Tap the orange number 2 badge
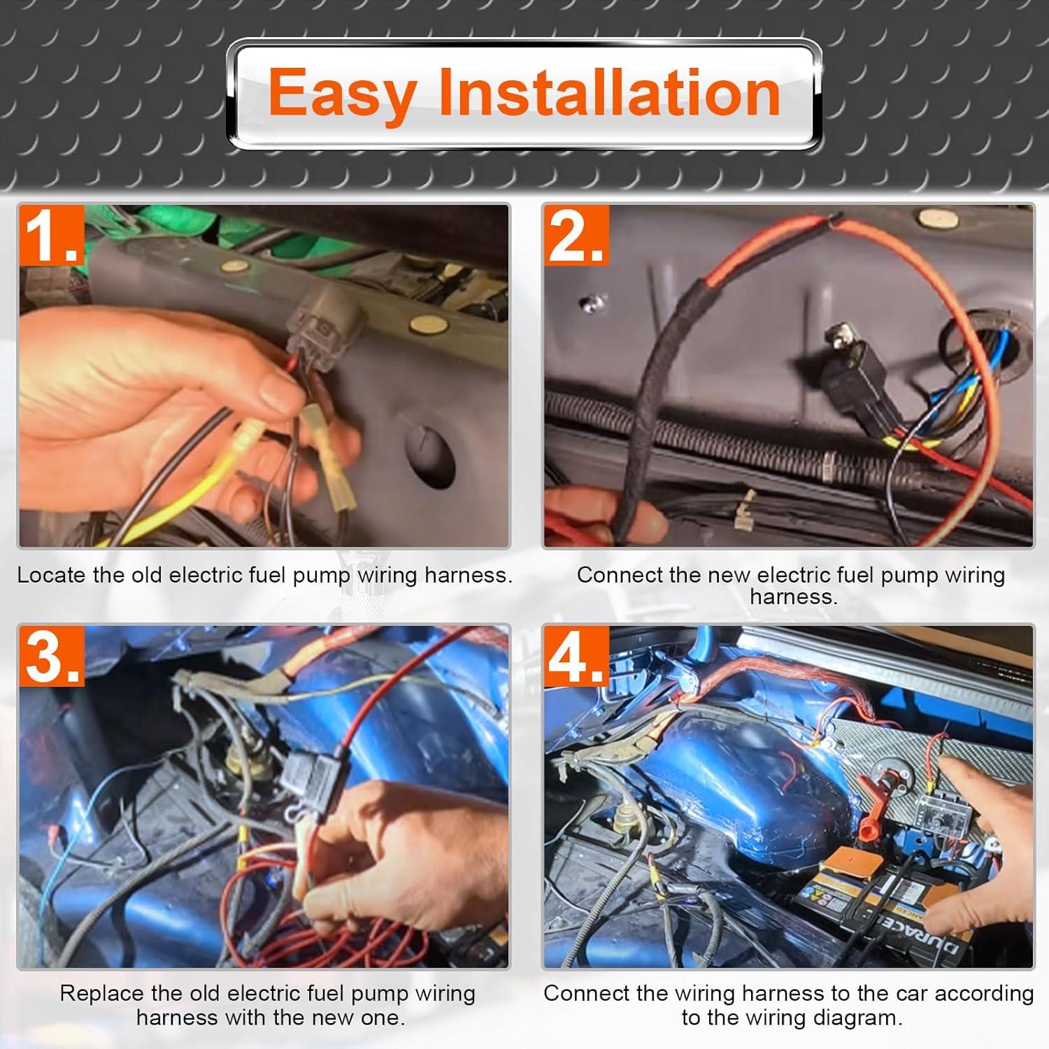pos(576,236)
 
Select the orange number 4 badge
pos(576,656)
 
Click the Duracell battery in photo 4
pos(888,909)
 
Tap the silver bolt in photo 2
pos(592,302)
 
